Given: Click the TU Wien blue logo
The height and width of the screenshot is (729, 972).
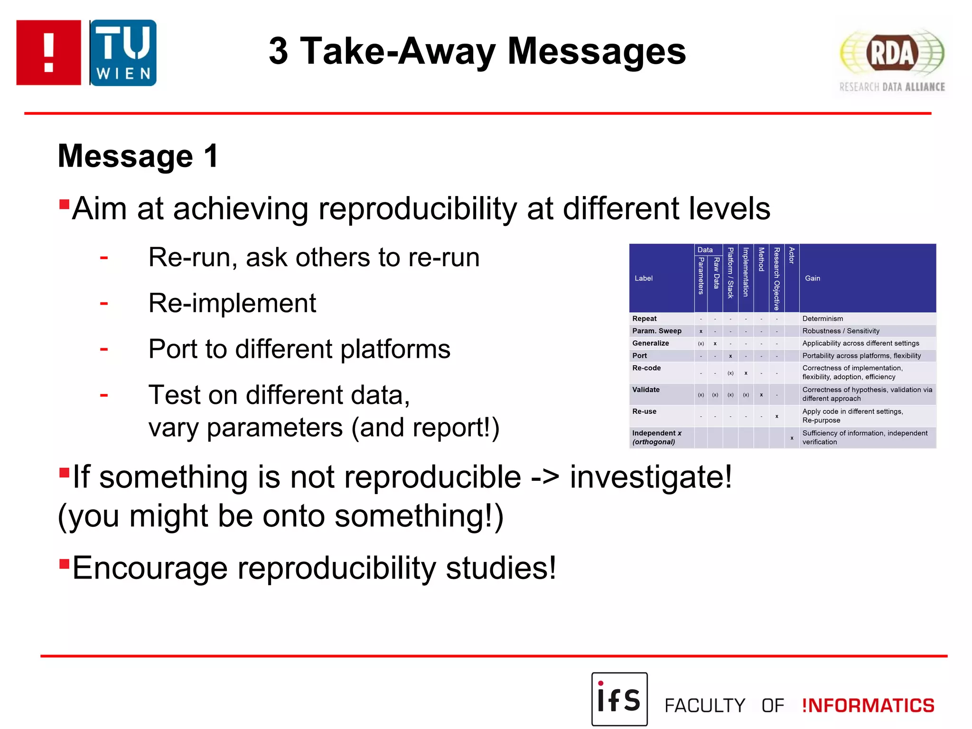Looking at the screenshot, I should coord(123,53).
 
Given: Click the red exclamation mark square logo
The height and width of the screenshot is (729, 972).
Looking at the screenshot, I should coord(48,53).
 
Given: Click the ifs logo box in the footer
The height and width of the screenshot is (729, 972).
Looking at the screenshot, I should coord(619,699).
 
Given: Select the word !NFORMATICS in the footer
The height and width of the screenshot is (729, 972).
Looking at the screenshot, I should coord(868,705).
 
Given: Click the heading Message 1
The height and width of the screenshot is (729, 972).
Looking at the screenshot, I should coord(138,156).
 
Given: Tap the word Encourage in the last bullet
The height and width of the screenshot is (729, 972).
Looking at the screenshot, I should coord(150,568).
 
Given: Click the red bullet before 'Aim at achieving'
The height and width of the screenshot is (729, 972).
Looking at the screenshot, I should coord(64,205).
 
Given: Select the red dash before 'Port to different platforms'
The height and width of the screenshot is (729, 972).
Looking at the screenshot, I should coord(104,349).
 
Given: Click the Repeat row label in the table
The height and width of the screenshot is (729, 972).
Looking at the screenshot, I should coord(644,318).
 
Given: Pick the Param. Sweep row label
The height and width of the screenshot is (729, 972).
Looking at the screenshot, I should coord(656,331).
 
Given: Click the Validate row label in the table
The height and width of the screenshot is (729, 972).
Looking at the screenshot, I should coord(645,390).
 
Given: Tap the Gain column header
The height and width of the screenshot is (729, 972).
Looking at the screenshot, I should coord(812,278).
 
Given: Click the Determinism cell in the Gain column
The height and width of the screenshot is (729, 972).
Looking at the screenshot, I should coord(822,318).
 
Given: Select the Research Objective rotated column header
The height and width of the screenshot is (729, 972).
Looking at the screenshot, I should coord(776,278).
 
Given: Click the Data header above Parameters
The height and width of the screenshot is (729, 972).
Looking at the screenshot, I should coord(705,250).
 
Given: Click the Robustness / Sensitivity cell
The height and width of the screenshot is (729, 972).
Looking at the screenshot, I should coord(841,331).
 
